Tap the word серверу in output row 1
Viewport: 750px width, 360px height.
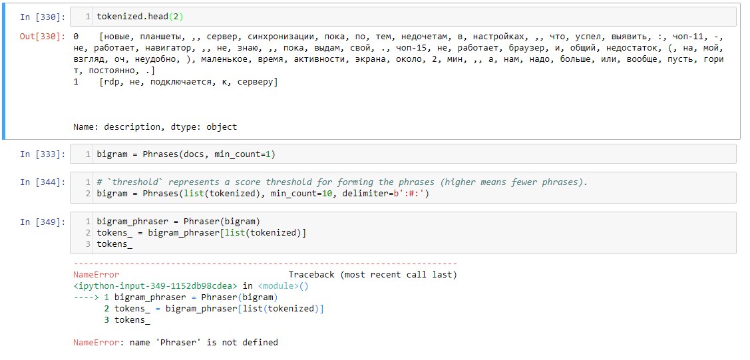[x=254, y=82]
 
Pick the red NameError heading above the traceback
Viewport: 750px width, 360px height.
[x=96, y=275]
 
